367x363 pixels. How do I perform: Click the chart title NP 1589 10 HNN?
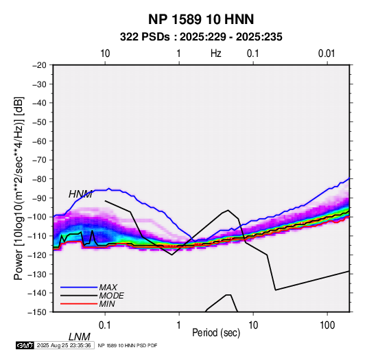pos(201,19)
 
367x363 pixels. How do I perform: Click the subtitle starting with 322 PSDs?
pos(201,37)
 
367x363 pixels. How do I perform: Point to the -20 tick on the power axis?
pos(39,65)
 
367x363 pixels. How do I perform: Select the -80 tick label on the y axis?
pos(39,179)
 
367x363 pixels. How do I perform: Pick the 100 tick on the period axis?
pos(327,325)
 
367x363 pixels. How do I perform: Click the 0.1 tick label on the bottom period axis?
pos(105,325)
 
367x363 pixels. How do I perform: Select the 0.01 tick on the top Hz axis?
pos(327,54)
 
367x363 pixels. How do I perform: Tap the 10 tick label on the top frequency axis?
pos(105,54)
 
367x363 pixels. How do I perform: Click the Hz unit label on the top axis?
pos(216,54)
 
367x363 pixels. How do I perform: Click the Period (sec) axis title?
pos(216,333)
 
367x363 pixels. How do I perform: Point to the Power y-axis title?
pos(19,189)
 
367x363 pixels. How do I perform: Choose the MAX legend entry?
pos(108,288)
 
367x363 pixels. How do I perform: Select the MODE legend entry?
pos(111,296)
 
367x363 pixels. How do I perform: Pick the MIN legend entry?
pos(107,304)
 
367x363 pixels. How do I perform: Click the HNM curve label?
pos(80,194)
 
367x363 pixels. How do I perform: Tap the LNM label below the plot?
pos(80,337)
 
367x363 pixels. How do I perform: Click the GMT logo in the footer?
pos(25,345)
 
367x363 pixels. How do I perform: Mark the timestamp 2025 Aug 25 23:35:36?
pos(64,345)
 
